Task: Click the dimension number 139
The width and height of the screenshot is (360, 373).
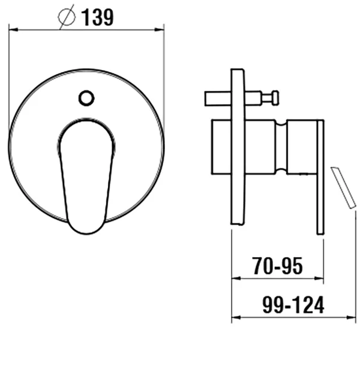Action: [x=97, y=17]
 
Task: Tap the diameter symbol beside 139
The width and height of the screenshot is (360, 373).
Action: [x=67, y=17]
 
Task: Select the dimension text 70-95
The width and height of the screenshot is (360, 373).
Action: [x=277, y=265]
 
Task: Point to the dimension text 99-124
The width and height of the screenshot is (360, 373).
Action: [x=293, y=305]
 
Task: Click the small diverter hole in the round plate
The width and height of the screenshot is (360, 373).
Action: [x=86, y=98]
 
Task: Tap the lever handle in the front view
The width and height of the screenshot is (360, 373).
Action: [x=86, y=176]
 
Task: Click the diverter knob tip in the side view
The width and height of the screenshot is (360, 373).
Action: [x=275, y=98]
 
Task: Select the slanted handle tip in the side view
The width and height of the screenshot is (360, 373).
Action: [x=343, y=188]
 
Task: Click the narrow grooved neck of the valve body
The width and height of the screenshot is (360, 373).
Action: [x=281, y=147]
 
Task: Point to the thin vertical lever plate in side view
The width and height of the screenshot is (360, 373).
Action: [x=320, y=177]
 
